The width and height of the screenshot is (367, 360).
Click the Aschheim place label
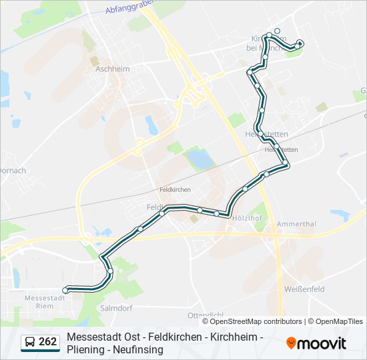(x=112, y=69)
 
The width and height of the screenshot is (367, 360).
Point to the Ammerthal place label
(x=296, y=225)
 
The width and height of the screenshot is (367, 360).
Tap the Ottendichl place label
(x=205, y=314)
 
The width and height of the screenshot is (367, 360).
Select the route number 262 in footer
(x=48, y=342)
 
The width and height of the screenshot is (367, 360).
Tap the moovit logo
(x=316, y=343)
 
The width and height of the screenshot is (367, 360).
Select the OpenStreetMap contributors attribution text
(x=252, y=321)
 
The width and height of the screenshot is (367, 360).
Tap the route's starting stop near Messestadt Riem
(x=65, y=290)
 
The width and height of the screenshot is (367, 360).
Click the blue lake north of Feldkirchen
(x=200, y=159)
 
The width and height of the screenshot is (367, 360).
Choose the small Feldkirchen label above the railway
(x=175, y=190)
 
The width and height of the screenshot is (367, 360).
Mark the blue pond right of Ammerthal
(x=340, y=215)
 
